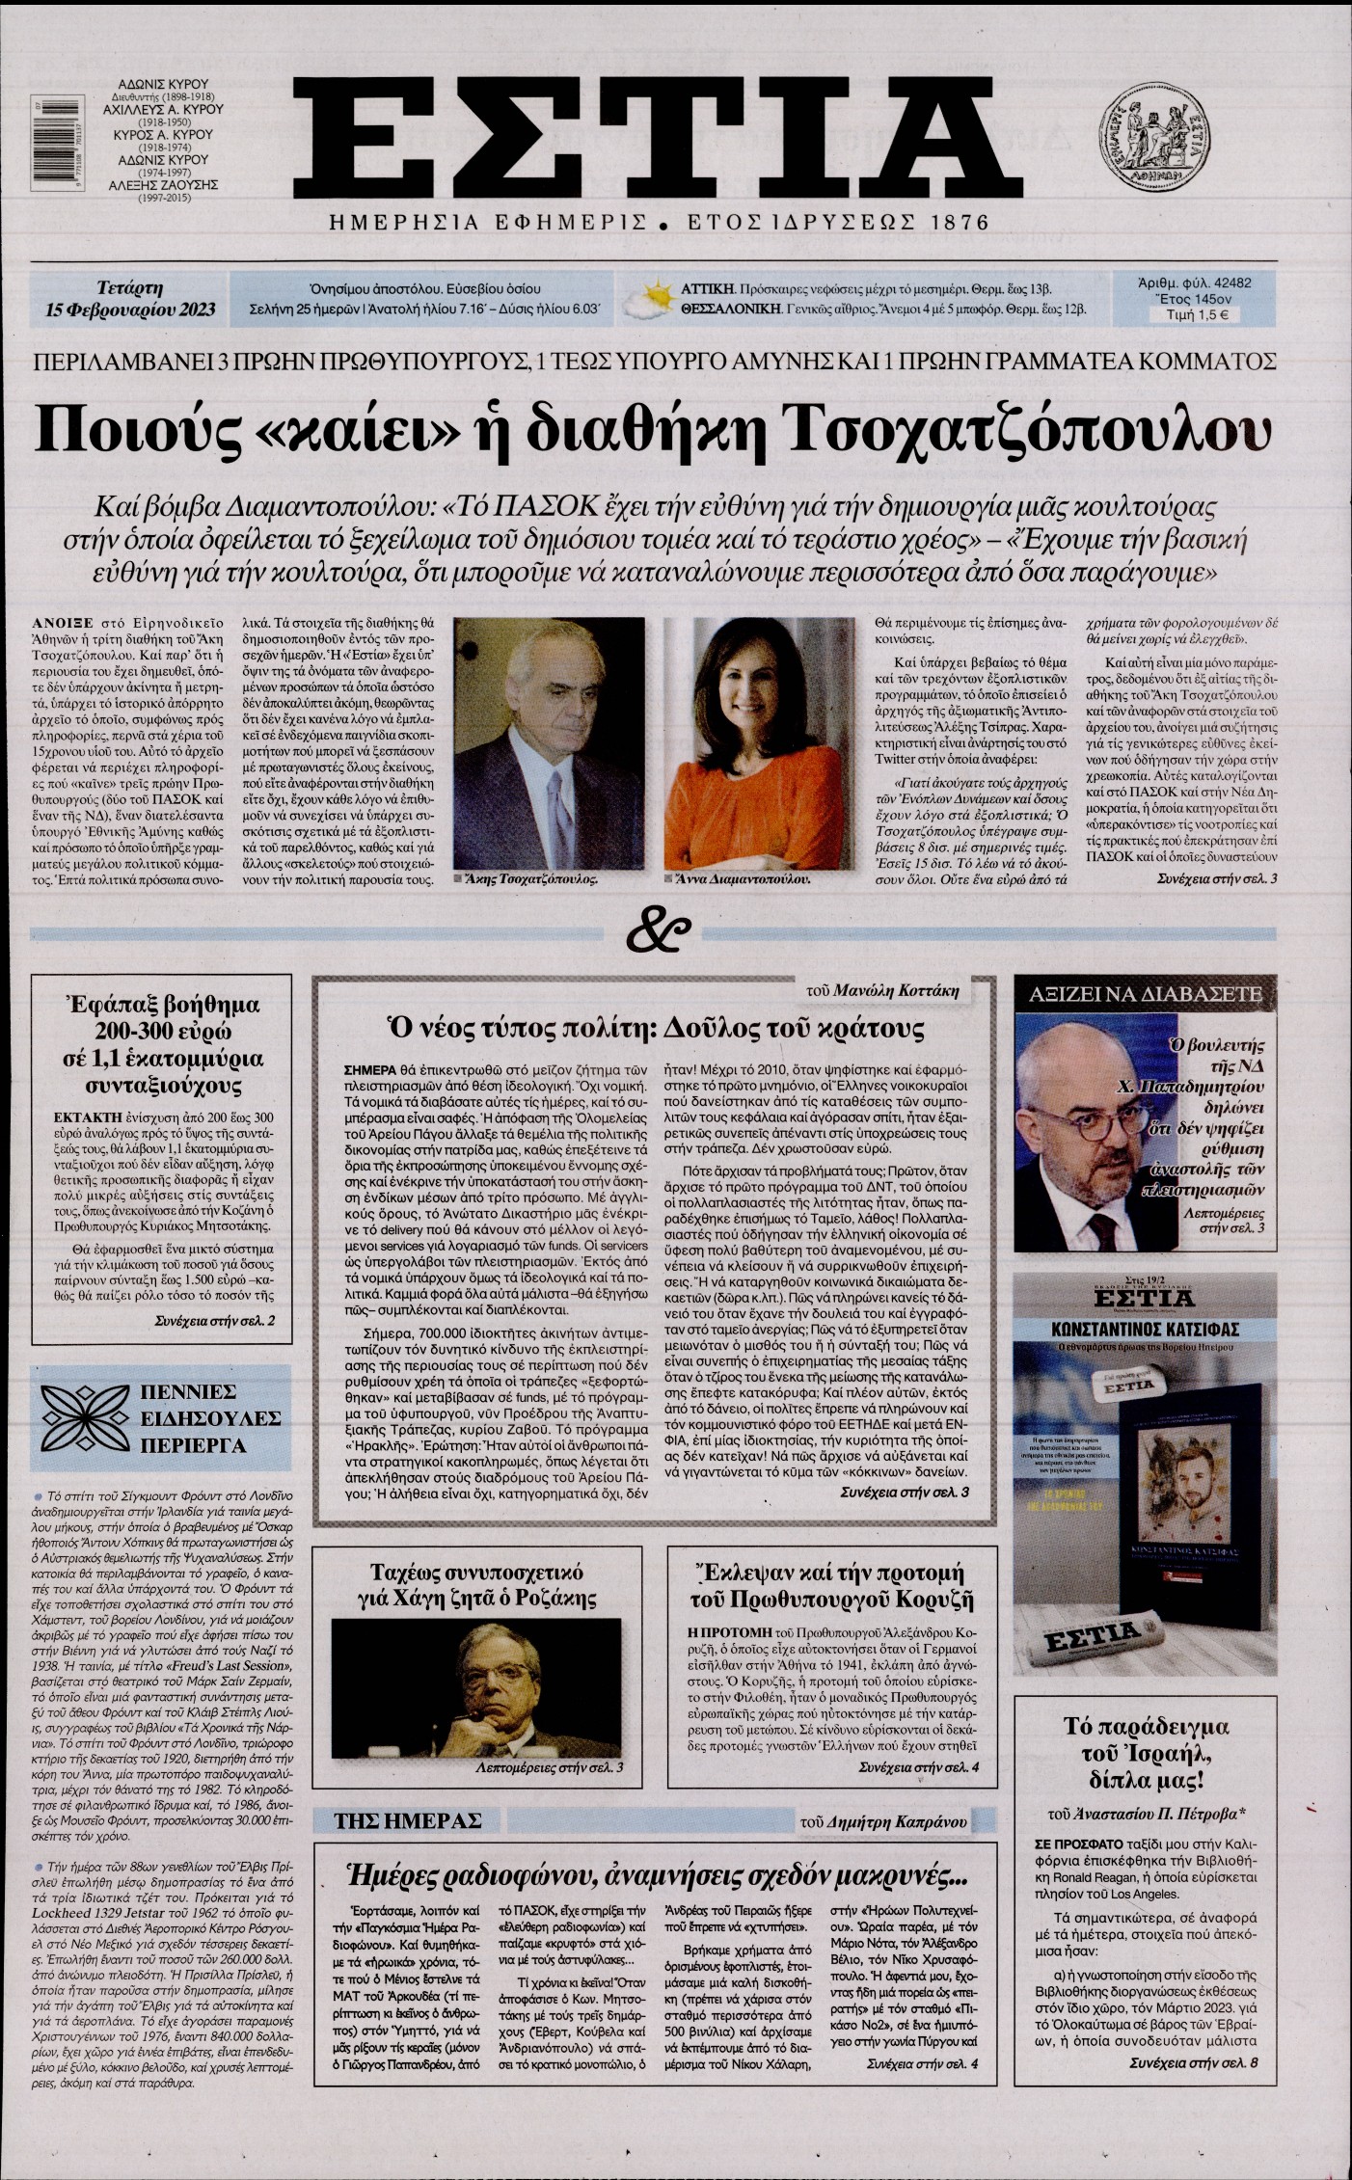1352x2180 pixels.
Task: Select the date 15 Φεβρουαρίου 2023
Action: pos(130,310)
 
